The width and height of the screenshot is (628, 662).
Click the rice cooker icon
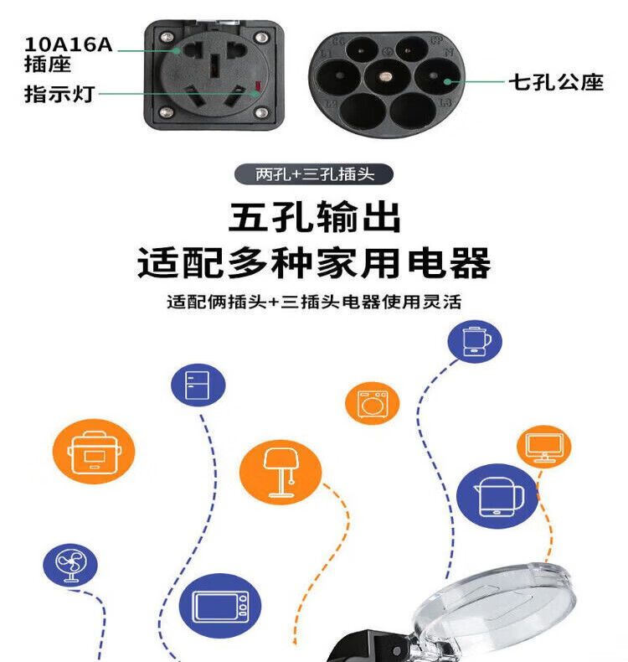[x=94, y=452]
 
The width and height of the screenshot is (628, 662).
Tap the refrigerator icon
[x=198, y=385]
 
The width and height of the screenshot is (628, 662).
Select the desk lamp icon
[x=281, y=472]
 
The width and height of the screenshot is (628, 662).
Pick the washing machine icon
[x=373, y=403]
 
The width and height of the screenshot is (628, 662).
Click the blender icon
[x=475, y=341]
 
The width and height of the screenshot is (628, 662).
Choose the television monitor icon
[x=544, y=447]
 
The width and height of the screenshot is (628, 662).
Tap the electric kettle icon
[x=497, y=496]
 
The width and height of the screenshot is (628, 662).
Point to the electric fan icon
[x=70, y=565]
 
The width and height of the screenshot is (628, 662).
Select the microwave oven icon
[x=220, y=606]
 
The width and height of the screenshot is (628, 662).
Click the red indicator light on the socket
[x=258, y=86]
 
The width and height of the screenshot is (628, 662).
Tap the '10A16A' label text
[x=69, y=44]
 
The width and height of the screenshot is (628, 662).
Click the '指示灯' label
[x=59, y=94]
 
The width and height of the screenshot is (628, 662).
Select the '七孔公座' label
[x=556, y=82]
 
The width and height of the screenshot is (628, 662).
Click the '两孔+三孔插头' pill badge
[x=314, y=174]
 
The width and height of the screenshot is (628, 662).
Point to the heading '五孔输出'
[x=315, y=217]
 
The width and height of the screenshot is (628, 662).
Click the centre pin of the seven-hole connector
[x=384, y=76]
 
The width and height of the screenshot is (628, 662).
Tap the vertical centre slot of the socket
[x=214, y=66]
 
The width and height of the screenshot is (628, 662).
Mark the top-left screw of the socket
[x=167, y=38]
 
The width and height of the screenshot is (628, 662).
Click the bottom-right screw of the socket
[x=261, y=112]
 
